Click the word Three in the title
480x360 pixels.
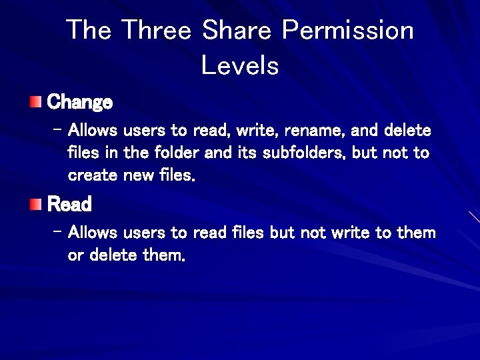[157, 30]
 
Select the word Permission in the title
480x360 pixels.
[347, 30]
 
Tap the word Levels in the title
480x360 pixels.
[240, 65]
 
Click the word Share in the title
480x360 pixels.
[237, 30]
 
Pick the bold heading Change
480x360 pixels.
[80, 103]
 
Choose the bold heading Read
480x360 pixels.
[69, 204]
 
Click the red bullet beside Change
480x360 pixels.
[35, 102]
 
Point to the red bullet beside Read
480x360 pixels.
[35, 203]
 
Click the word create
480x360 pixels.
[93, 175]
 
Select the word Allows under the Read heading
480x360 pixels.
[93, 233]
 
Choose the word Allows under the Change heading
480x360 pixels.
[93, 129]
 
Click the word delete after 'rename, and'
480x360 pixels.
[407, 129]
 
